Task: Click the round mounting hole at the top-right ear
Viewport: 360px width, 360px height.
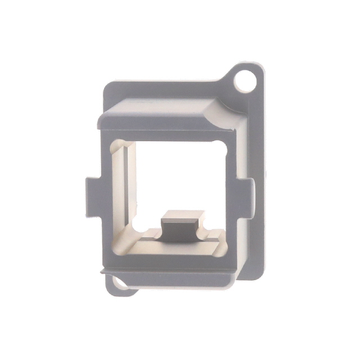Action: pos(245,80)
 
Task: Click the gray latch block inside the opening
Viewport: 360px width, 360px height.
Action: pos(181,228)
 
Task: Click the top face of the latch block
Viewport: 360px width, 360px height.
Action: pos(183,215)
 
